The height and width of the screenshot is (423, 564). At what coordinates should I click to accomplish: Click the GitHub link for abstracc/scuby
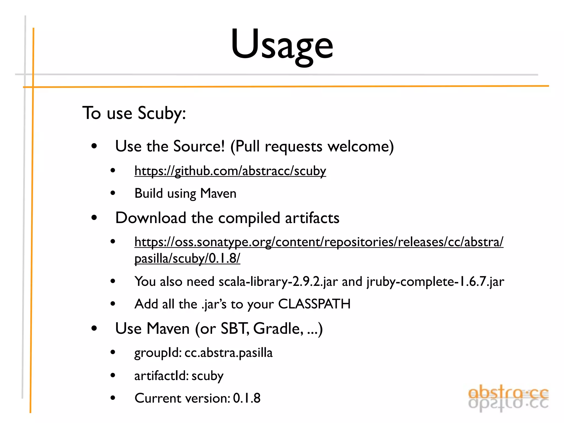(230, 171)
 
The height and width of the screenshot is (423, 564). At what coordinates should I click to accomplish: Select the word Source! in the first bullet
(199, 146)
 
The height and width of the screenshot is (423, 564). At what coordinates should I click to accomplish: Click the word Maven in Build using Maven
(218, 193)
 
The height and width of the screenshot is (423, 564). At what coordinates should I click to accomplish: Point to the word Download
(151, 218)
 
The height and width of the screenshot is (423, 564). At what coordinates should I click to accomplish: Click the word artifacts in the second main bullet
(312, 218)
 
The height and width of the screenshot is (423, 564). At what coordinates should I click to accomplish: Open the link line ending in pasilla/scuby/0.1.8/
(187, 258)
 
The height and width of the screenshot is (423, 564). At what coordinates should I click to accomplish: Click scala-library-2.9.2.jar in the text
(278, 281)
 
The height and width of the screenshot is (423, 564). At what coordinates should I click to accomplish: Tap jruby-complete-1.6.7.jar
(435, 281)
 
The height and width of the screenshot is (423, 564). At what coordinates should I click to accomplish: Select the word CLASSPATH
(314, 304)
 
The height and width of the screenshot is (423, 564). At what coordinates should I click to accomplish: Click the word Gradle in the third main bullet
(276, 329)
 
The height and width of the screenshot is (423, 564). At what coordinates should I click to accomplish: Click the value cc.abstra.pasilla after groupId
(228, 353)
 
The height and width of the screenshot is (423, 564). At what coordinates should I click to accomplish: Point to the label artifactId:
(161, 376)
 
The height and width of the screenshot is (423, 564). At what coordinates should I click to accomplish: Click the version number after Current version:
(247, 398)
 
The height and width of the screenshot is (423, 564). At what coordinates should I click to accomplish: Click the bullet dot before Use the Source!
(94, 146)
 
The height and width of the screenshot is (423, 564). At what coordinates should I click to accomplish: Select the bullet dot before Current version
(113, 398)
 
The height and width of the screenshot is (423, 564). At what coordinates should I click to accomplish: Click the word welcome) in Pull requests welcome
(361, 146)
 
